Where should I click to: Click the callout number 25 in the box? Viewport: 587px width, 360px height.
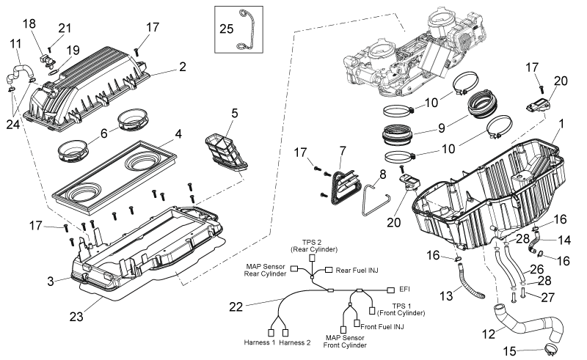pos(227,29)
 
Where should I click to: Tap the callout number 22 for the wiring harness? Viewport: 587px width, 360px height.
pos(236,307)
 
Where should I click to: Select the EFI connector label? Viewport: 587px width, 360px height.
pos(405,290)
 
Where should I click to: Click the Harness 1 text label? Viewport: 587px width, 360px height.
pos(260,342)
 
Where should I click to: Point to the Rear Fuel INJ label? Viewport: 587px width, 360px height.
pos(357,271)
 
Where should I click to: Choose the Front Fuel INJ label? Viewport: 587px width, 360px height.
pos(382,327)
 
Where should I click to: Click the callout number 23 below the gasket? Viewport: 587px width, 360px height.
pos(76,317)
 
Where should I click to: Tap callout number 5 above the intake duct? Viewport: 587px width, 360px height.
pos(234,113)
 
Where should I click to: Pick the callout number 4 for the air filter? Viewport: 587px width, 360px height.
pos(178,134)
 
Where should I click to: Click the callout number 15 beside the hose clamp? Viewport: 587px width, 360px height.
pos(510,351)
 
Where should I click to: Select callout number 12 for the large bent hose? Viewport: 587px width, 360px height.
pos(489,334)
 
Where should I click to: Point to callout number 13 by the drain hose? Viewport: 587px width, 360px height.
pos(446,296)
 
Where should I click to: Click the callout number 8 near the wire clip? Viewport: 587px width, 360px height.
pos(382,175)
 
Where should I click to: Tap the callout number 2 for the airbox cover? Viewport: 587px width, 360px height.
pos(182,67)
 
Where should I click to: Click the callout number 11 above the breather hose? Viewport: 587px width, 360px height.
pos(15,44)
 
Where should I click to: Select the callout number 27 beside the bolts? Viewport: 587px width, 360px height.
pos(547,298)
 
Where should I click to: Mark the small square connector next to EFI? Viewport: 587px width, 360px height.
pos(391,290)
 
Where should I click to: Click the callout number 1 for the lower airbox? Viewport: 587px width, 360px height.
pos(561,123)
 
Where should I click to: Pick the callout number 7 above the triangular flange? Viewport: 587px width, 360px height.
pos(343,150)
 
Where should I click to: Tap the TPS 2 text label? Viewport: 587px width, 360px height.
pos(311,243)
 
